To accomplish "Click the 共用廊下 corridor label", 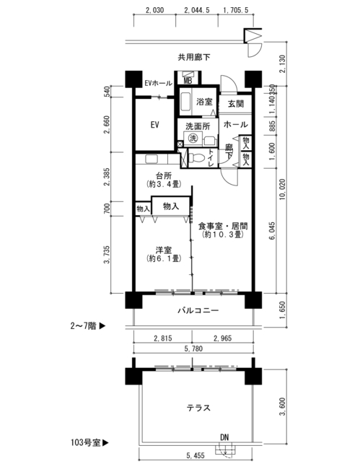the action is [194, 57].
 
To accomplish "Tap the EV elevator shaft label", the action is [154, 124].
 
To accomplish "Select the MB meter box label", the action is [188, 81].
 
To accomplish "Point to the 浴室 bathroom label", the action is [204, 102].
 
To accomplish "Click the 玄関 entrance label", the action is [236, 104].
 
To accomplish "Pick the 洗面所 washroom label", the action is [198, 126].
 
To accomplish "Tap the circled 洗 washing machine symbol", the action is [193, 139].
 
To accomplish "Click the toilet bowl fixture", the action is [197, 157].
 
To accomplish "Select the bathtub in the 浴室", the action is [185, 102].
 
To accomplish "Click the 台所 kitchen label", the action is [164, 175].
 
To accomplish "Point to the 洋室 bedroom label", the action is [164, 250].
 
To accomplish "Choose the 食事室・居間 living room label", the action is [223, 226].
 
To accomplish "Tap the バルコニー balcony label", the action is [198, 310].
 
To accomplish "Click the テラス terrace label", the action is [198, 408].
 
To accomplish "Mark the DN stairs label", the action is [224, 437].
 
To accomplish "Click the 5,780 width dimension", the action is [193, 349].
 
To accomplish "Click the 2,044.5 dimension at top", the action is [197, 10].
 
